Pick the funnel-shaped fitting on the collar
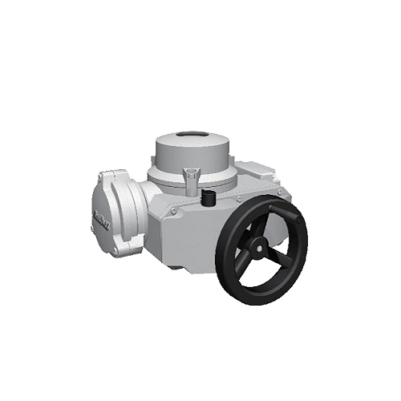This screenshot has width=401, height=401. pos(190,176)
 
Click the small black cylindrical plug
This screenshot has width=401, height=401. pos(209,198)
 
